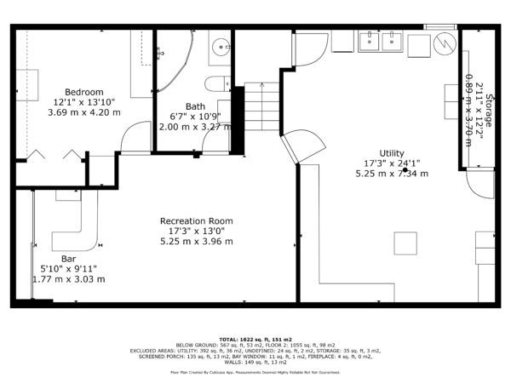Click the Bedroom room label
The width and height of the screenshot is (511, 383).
pyautogui.click(x=85, y=92)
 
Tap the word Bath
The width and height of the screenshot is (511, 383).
pyautogui.click(x=195, y=106)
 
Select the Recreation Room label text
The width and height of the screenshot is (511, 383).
pyautogui.click(x=197, y=221)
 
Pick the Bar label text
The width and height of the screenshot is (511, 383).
pyautogui.click(x=68, y=259)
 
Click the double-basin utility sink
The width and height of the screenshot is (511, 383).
pyautogui.click(x=381, y=40)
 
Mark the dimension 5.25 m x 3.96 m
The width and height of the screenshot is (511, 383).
pyautogui.click(x=197, y=241)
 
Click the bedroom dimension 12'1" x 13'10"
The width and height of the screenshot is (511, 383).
pyautogui.click(x=85, y=102)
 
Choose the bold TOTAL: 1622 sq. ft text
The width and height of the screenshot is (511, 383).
pyautogui.click(x=255, y=338)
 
